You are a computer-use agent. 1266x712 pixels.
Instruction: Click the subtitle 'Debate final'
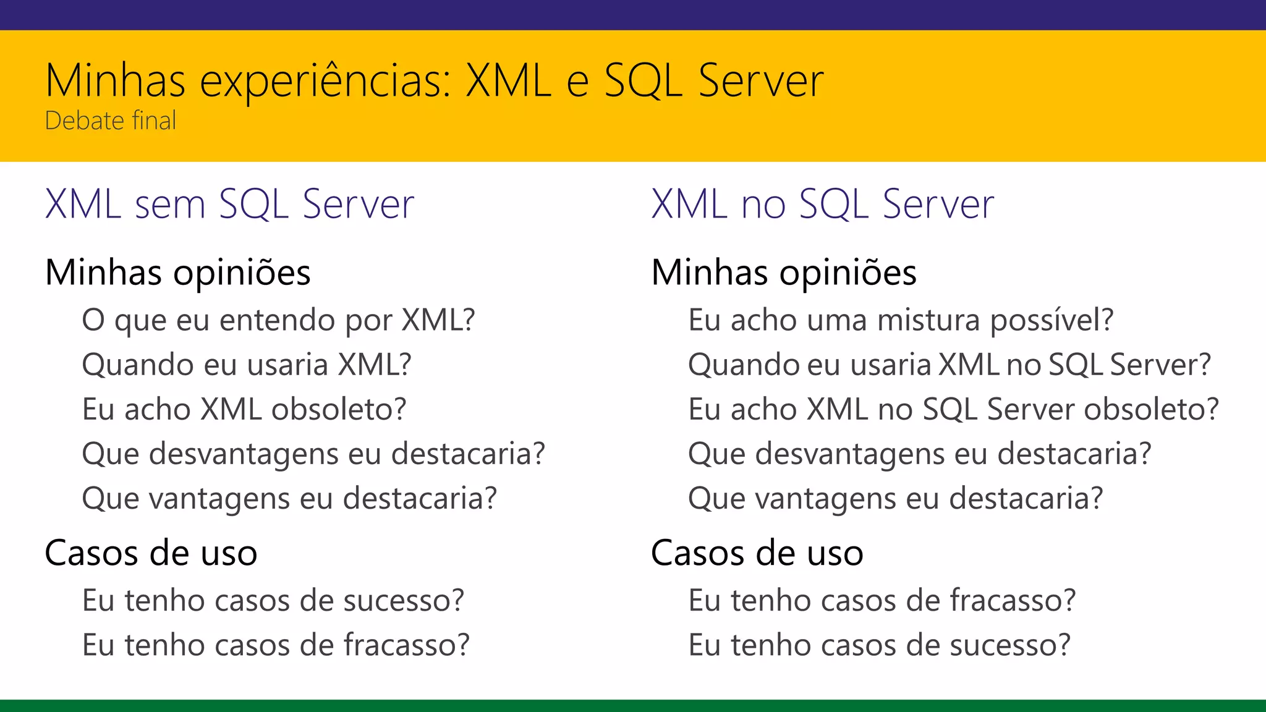click(111, 121)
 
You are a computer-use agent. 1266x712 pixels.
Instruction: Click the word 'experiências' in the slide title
click(325, 81)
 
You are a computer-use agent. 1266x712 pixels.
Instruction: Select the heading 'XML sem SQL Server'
click(229, 204)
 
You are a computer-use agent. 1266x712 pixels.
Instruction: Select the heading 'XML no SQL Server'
click(823, 204)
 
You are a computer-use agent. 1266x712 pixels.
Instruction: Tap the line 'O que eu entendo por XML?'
click(278, 320)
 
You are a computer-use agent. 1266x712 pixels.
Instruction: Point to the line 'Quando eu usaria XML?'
click(247, 365)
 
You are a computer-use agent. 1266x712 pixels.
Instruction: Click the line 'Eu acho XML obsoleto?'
click(244, 409)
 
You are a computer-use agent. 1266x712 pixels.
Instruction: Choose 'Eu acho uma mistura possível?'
click(901, 320)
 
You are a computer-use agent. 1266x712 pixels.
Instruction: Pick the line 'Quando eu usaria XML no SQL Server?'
click(949, 365)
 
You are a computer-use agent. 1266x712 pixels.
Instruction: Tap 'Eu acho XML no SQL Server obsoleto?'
click(953, 409)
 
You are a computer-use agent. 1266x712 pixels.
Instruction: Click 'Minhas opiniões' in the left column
click(178, 273)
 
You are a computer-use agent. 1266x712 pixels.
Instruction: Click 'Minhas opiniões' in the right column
click(784, 273)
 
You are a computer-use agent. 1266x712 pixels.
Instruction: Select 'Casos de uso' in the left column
click(151, 553)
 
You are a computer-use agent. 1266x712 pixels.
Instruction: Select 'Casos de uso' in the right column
click(757, 553)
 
